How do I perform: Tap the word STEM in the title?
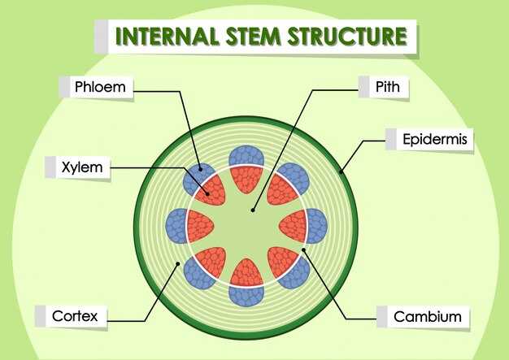[251, 37]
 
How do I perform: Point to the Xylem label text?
[82, 168]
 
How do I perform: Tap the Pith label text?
[387, 85]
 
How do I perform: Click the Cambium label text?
[427, 316]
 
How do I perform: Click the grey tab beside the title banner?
[101, 37]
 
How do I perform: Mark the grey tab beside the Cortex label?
[41, 316]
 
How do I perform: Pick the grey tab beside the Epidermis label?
[390, 140]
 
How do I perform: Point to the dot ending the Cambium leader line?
[305, 250]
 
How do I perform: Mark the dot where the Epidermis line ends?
[342, 172]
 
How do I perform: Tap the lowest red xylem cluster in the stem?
[246, 274]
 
